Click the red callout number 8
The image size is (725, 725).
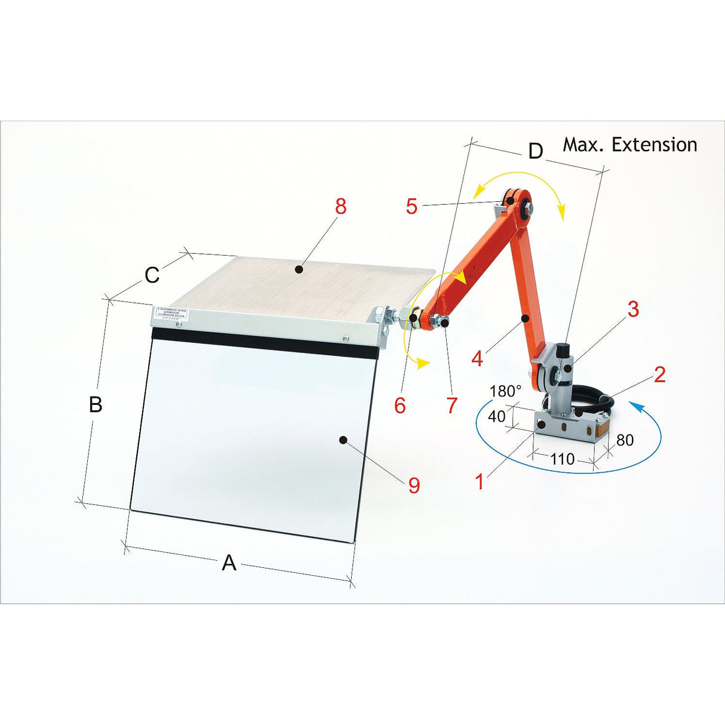340,206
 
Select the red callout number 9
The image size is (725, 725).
414,485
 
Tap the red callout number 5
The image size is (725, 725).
411,206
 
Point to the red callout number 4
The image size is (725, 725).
477,359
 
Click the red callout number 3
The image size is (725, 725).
633,309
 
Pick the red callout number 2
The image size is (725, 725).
659,374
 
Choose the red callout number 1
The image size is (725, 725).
480,481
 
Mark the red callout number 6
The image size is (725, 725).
400,405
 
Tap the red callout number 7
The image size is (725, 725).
452,405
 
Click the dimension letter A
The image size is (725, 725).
229,563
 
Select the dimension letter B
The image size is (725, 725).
96,404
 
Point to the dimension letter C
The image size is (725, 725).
152,275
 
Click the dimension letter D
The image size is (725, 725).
536,151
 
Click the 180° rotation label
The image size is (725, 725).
505,391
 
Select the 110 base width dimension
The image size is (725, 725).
562,459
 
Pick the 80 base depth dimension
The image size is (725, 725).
625,440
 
